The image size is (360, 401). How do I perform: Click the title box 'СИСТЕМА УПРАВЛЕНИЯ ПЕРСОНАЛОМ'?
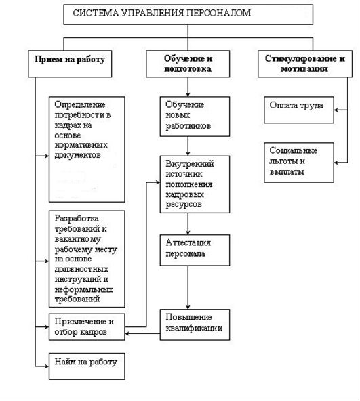(x=188, y=15)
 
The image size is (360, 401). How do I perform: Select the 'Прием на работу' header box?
(x=70, y=64)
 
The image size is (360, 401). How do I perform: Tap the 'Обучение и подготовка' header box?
(x=188, y=64)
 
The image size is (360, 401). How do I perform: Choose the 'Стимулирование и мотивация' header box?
(x=305, y=64)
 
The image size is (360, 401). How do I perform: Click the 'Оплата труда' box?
(x=299, y=110)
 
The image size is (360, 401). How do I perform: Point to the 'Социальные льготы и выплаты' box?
(x=299, y=163)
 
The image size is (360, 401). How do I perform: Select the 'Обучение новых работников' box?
(x=195, y=117)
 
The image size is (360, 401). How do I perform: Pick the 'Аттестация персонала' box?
(x=195, y=250)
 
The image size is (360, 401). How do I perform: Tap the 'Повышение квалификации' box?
(x=195, y=324)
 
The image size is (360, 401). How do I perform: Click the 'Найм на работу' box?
(x=87, y=366)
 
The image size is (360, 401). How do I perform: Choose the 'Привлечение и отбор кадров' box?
(x=87, y=327)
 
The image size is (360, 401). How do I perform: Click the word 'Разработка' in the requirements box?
(x=77, y=218)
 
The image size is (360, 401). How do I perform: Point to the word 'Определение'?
(x=80, y=104)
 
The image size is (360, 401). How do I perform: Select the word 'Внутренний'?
(x=190, y=164)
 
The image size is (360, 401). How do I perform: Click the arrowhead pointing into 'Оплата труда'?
(x=336, y=110)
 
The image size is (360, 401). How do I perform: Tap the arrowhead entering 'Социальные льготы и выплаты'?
(x=336, y=163)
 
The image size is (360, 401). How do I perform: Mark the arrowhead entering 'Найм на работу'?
(x=47, y=366)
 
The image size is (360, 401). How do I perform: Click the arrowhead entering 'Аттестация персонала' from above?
(x=188, y=232)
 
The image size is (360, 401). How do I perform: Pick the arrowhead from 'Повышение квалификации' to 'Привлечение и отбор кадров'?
(x=127, y=333)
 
